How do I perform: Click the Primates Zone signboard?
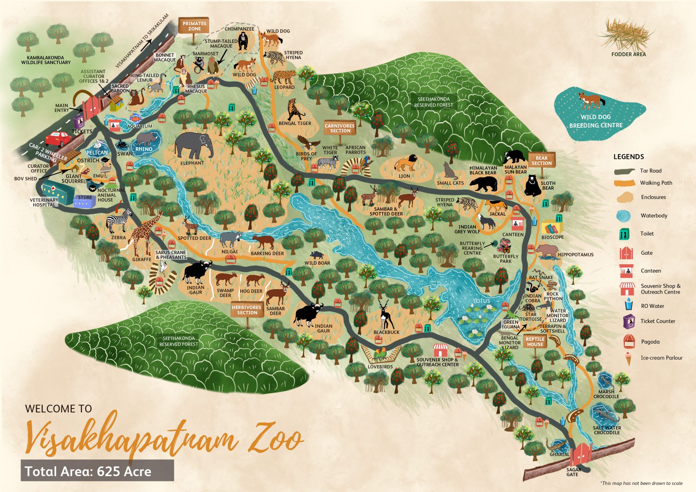point(194,26)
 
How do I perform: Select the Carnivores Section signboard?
point(340,128)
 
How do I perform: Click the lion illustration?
point(406,163)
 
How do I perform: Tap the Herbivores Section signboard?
point(247,310)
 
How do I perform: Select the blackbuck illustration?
point(385,314)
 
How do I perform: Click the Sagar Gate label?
point(573,472)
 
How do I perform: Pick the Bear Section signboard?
point(541,160)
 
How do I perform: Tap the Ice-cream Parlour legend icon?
point(628,358)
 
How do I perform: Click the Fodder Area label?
point(628,54)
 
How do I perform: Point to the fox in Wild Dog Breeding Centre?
point(591,100)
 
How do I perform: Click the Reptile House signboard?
point(535,341)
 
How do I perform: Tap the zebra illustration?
point(119,221)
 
